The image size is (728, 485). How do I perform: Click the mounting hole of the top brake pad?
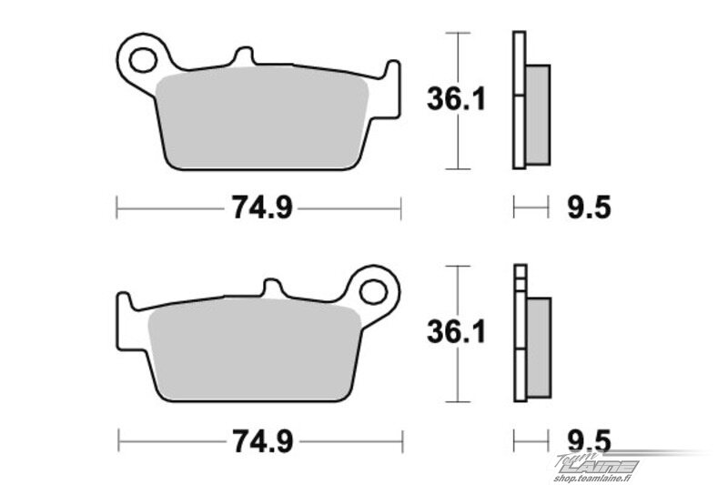[143, 60]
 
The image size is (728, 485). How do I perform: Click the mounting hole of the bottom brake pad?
[373, 292]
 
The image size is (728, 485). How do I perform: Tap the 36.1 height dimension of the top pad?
[456, 99]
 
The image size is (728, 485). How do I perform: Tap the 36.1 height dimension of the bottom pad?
[456, 332]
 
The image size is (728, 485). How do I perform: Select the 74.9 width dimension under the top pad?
[262, 207]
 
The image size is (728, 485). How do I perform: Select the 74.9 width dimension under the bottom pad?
[262, 441]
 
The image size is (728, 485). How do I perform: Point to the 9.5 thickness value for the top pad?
[589, 207]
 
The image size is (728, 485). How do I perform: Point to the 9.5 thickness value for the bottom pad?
[589, 441]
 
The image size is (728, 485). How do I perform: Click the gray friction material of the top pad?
[262, 118]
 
